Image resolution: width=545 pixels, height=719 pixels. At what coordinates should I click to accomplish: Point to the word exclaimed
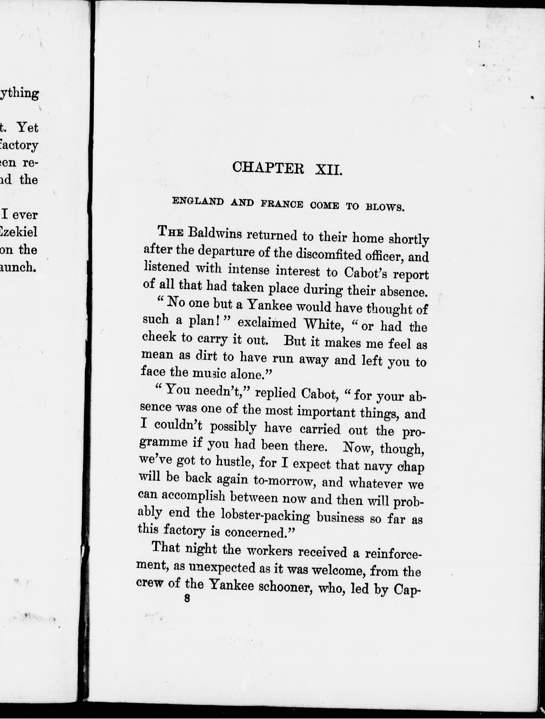click(267, 323)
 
